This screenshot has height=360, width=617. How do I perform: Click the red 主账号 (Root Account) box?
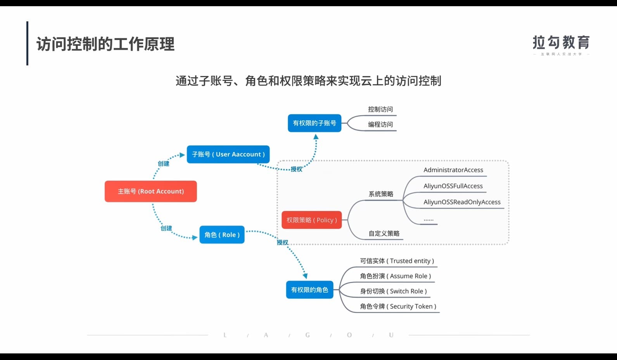(150, 191)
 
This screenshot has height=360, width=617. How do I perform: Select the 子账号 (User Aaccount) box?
(228, 154)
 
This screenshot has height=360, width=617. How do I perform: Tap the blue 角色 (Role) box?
(222, 235)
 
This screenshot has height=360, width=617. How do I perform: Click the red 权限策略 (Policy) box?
(311, 220)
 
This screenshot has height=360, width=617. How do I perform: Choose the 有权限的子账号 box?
(315, 123)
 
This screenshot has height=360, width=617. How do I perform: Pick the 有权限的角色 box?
(309, 290)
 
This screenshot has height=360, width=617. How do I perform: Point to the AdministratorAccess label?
(453, 170)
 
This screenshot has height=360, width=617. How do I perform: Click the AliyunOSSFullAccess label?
(453, 186)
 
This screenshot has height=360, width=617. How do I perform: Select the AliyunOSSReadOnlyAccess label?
(462, 202)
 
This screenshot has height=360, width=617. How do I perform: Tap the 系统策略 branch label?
(381, 194)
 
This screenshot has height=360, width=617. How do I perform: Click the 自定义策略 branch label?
(384, 234)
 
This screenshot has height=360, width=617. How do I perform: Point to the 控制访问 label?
(380, 109)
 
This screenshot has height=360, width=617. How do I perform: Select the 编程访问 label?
(380, 125)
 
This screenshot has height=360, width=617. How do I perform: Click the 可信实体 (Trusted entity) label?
(397, 261)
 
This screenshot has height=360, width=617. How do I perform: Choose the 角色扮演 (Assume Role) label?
(395, 276)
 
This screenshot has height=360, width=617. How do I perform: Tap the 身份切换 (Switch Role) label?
(393, 291)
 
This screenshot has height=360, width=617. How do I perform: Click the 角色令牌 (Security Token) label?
(398, 306)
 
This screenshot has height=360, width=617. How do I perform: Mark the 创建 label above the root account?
(163, 164)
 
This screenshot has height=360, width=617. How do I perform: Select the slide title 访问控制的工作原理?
(105, 44)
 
